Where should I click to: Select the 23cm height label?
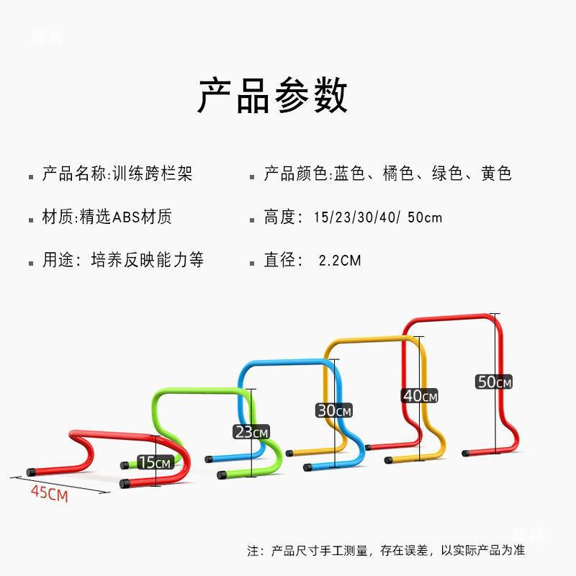251,432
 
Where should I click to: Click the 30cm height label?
334,410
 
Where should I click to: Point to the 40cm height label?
420,396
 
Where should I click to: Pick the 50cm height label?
494,382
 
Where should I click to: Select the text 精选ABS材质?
128,217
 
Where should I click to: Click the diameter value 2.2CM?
340,260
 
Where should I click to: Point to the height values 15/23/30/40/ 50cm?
378,217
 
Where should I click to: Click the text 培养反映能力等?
148,260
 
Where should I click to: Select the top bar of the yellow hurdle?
367,340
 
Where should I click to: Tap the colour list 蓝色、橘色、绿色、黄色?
422,174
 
